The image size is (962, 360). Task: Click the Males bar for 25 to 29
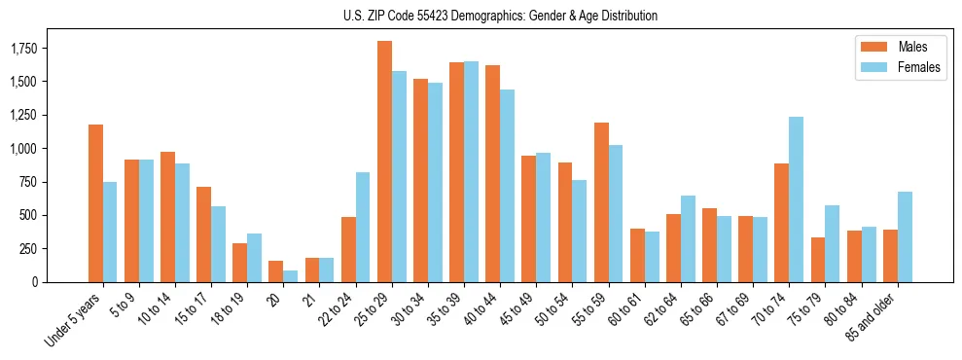[x=384, y=162]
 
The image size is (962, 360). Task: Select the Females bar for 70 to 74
[x=797, y=199]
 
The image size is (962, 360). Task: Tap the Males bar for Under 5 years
[x=95, y=203]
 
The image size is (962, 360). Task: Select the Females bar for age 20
[x=291, y=276]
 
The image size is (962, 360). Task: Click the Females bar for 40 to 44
[x=508, y=186]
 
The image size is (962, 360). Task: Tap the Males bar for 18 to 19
[x=240, y=263]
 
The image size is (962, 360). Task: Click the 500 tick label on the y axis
[x=27, y=215]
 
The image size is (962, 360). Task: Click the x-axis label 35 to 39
[x=446, y=309]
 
